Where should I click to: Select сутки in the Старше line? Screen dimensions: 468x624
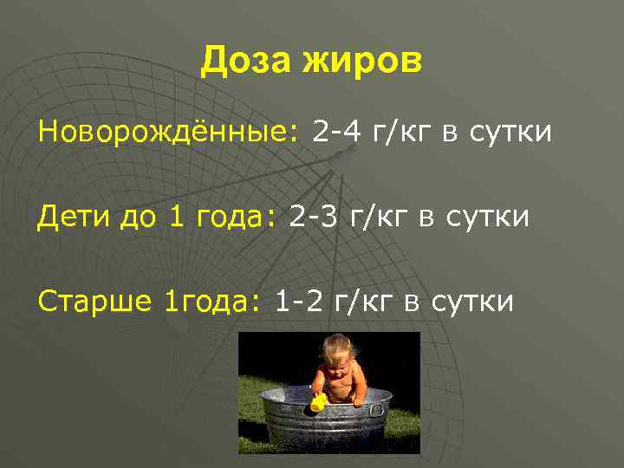click(x=472, y=302)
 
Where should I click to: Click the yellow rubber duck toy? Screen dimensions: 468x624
click(x=318, y=404)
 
